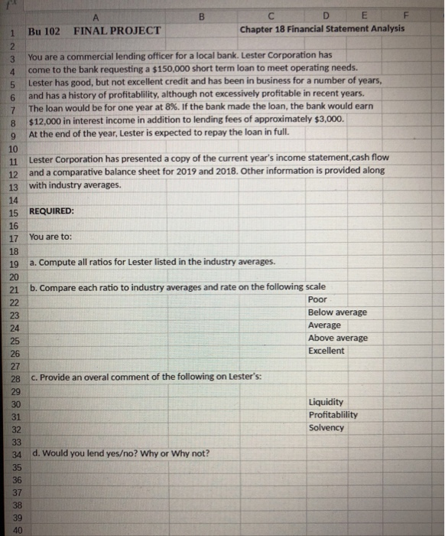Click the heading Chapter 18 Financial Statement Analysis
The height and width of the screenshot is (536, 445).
322,31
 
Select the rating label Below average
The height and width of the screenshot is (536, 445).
337,312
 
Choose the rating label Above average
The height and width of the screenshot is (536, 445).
337,338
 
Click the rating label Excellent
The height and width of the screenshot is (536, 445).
326,351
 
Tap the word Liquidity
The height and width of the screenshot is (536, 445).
326,402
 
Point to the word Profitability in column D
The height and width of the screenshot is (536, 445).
333,415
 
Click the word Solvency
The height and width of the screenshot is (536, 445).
326,428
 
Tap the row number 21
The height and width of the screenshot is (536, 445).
15,289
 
